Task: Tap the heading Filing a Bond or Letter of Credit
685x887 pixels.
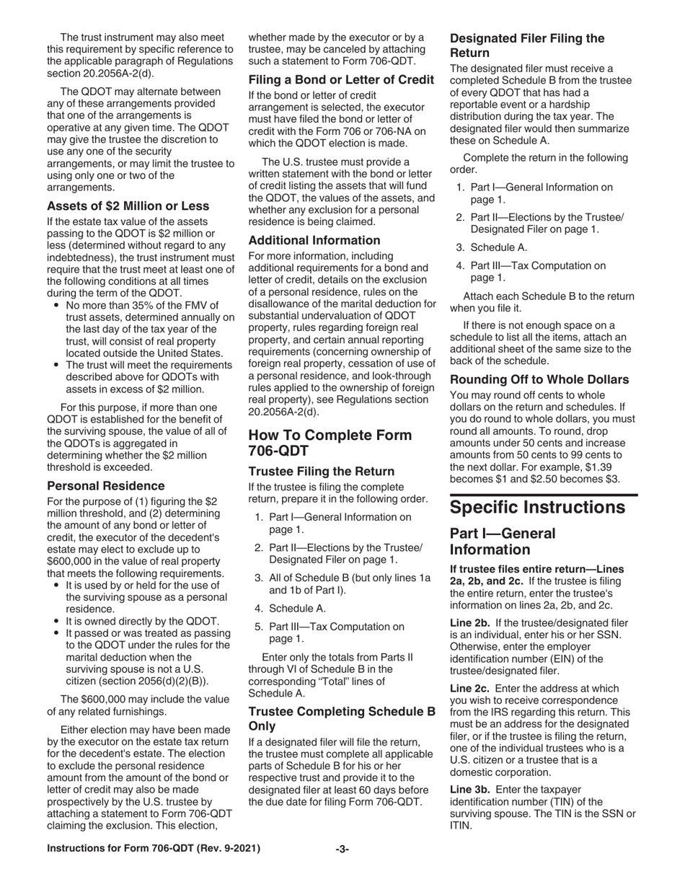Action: tap(341, 79)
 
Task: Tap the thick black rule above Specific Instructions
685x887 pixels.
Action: tap(544, 495)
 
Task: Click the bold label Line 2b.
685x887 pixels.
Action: tap(470, 622)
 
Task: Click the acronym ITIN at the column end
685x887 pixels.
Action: tap(463, 826)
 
